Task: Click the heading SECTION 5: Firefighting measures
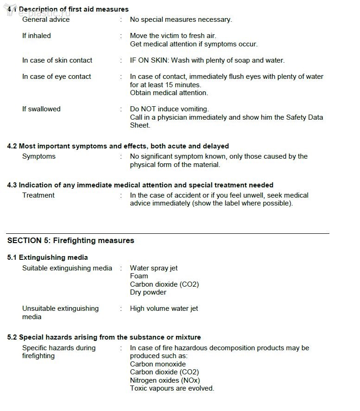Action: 70,240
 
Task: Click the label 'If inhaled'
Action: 37,36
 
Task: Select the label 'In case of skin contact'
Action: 57,60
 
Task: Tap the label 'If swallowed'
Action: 41,109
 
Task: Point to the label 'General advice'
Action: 46,19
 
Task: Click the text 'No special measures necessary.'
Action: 181,19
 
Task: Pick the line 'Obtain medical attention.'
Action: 169,93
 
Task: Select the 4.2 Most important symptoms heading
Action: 118,146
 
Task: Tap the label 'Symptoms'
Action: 39,156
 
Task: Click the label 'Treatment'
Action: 38,195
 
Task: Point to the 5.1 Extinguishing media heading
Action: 47,257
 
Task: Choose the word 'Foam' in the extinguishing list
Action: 139,276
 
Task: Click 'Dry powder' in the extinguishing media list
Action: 148,292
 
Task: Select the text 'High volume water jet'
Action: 164,308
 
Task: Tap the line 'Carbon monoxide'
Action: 158,364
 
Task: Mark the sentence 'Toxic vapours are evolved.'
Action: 172,388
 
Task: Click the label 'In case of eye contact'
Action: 57,77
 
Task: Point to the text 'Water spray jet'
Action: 153,268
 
